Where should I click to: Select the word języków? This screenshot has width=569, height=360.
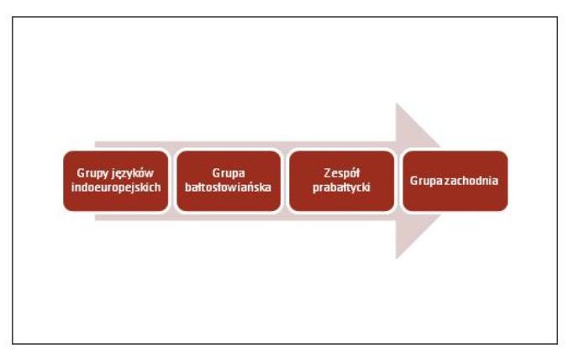pyautogui.click(x=133, y=173)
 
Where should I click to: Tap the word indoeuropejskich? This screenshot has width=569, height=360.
pyautogui.click(x=116, y=188)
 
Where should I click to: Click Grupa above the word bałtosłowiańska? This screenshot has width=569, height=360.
pyautogui.click(x=229, y=173)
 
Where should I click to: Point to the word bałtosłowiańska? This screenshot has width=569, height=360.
pyautogui.click(x=228, y=187)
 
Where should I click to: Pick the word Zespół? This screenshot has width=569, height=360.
pyautogui.click(x=341, y=173)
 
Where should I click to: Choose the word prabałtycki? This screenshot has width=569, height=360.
pyautogui.click(x=341, y=188)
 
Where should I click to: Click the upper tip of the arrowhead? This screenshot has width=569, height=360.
pyautogui.click(x=396, y=104)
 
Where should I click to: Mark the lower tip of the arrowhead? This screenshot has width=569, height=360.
pyautogui.click(x=396, y=258)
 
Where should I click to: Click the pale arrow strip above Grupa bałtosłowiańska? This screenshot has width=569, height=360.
pyautogui.click(x=229, y=145)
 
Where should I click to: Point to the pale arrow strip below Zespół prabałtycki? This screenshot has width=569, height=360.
pyautogui.click(x=341, y=217)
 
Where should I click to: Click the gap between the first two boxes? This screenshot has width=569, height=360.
pyautogui.click(x=172, y=181)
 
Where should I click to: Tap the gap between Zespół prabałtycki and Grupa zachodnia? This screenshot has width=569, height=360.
pyautogui.click(x=399, y=181)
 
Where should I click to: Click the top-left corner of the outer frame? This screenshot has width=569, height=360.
pyautogui.click(x=13, y=17)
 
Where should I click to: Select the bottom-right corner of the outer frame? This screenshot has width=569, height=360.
pyautogui.click(x=557, y=344)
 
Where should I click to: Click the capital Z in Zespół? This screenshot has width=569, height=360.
pyautogui.click(x=327, y=173)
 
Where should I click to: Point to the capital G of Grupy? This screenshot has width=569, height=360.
pyautogui.click(x=81, y=173)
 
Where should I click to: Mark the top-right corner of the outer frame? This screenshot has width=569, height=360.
pyautogui.click(x=557, y=17)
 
